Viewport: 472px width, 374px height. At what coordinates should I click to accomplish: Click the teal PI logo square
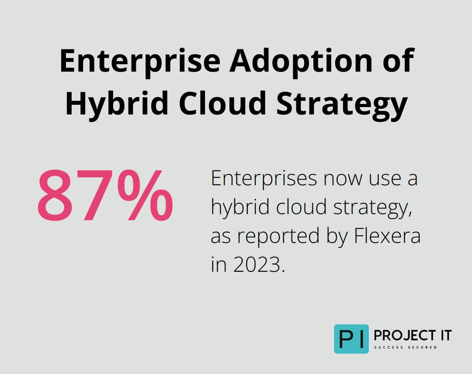pyautogui.click(x=351, y=339)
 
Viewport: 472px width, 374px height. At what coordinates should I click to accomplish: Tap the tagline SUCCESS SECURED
pyautogui.click(x=405, y=347)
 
